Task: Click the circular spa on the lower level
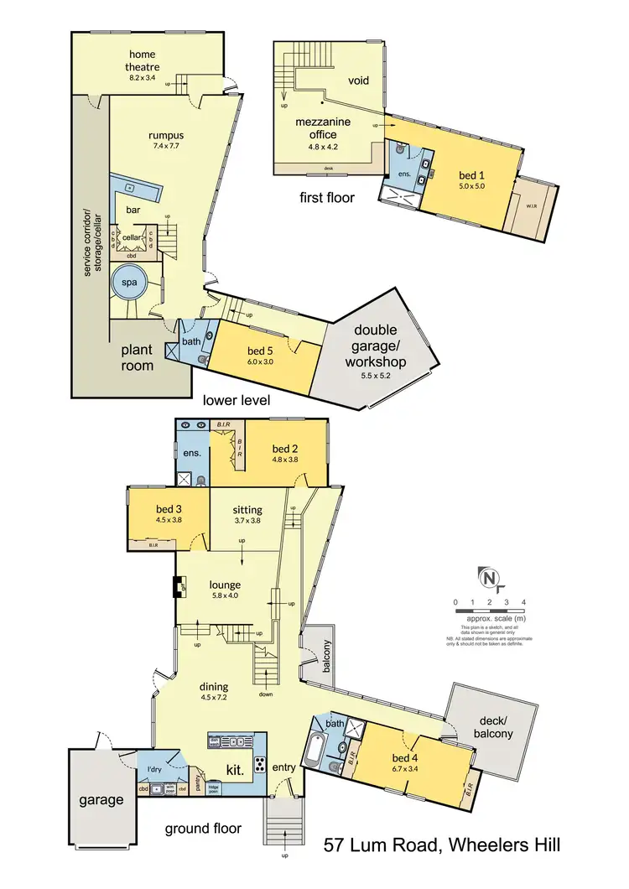click(x=131, y=283)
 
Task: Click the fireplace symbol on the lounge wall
click(x=179, y=586)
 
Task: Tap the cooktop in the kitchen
click(x=261, y=764)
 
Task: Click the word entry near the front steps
click(x=284, y=767)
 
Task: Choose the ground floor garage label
click(x=101, y=799)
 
